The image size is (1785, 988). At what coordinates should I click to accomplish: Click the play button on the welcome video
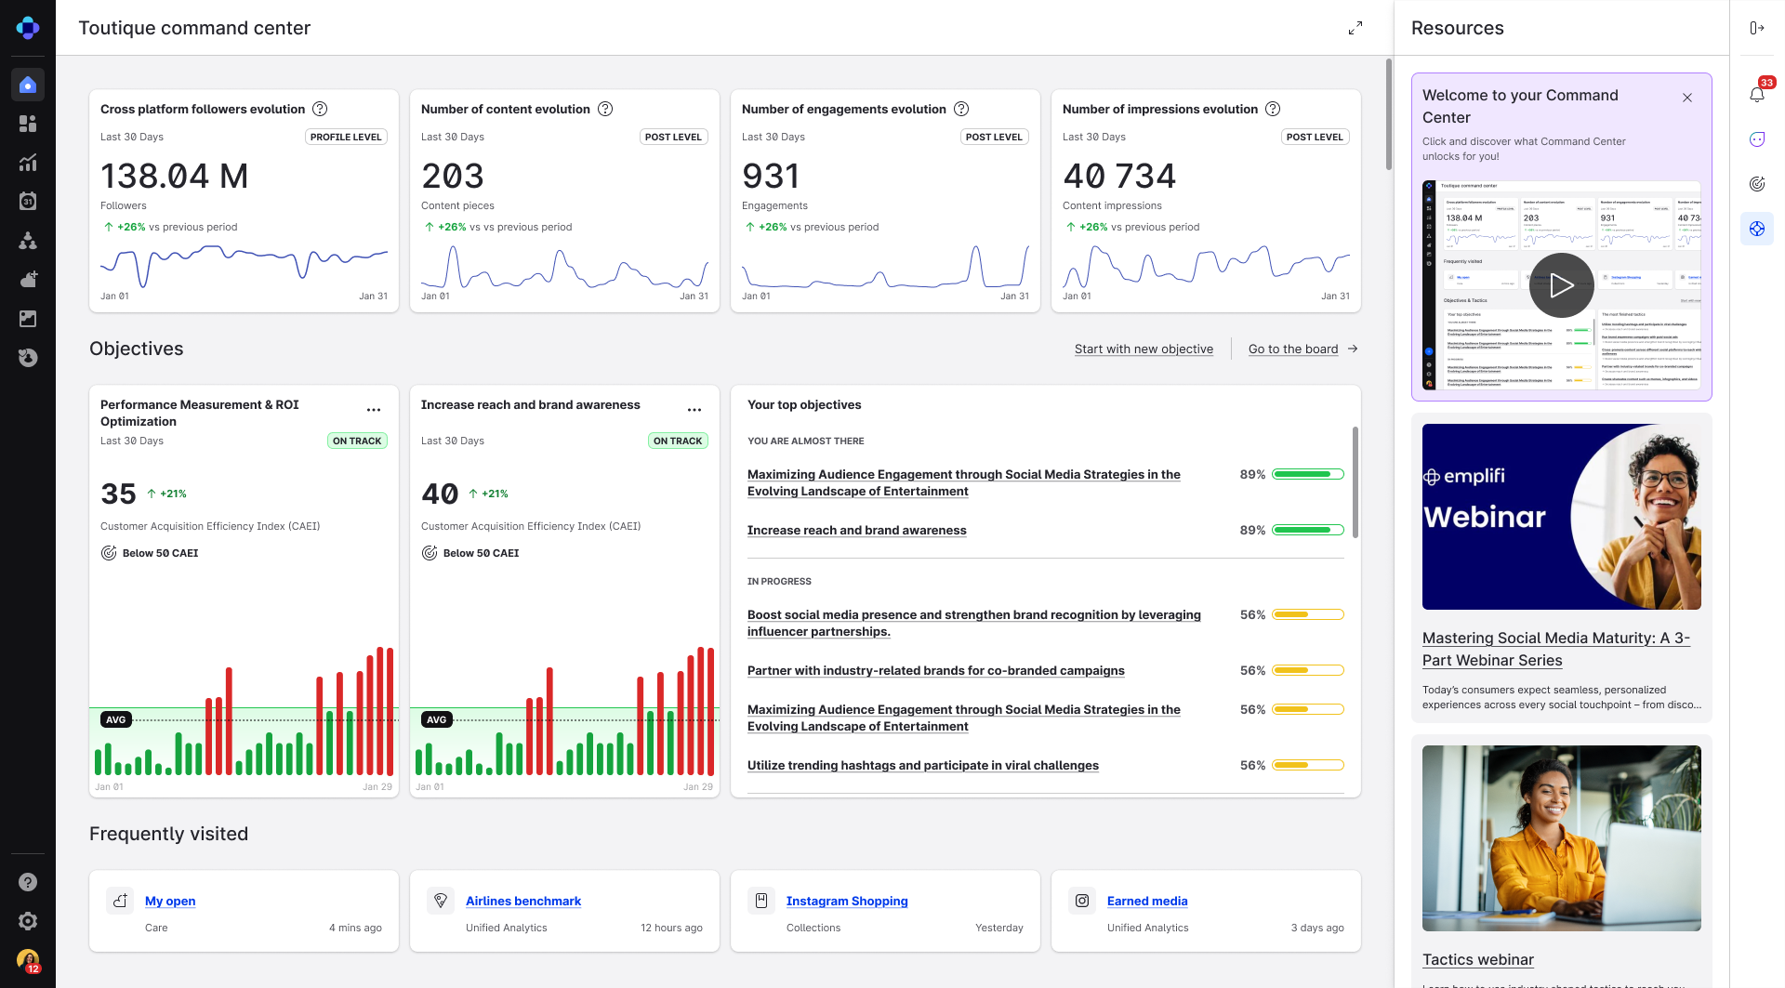pos(1561,285)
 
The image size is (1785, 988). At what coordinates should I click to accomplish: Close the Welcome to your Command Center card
pos(1687,98)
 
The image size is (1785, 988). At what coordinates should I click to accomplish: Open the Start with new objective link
pos(1144,349)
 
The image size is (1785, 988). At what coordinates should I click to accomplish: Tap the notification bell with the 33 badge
pos(1756,94)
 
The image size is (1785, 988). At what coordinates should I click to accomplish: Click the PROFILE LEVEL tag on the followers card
pos(346,137)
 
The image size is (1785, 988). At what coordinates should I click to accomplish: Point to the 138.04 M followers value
pos(175,176)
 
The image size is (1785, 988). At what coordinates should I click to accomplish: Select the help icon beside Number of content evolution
pos(605,109)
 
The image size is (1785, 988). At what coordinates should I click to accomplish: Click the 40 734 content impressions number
pos(1119,176)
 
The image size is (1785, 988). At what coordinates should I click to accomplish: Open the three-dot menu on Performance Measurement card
pos(374,410)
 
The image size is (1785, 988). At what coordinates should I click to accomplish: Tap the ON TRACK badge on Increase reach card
pos(678,441)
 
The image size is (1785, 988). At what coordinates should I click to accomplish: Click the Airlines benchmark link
pos(523,902)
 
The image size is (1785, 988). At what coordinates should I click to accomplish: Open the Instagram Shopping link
pos(847,902)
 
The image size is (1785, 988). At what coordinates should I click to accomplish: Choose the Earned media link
pos(1147,902)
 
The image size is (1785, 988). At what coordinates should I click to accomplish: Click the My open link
pos(170,902)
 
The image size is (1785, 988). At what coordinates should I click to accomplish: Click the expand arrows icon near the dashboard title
pos(1355,28)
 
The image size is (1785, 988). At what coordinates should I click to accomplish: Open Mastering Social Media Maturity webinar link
pos(1555,649)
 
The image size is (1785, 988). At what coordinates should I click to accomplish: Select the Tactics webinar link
pos(1477,960)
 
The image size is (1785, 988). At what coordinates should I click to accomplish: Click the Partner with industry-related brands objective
pos(935,671)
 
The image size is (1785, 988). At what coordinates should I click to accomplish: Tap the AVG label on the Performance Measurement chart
pos(116,719)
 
